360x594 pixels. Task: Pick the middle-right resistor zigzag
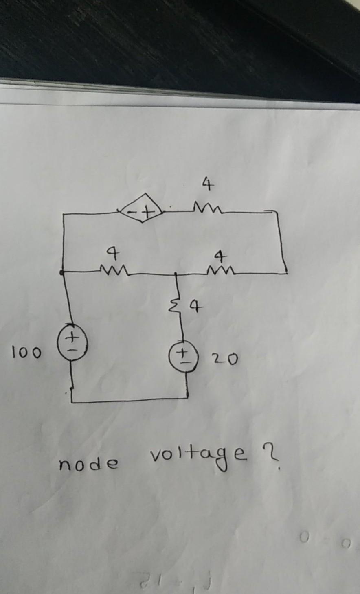[x=221, y=270]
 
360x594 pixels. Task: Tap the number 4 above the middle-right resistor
[x=220, y=256]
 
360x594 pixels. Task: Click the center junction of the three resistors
[x=176, y=274]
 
